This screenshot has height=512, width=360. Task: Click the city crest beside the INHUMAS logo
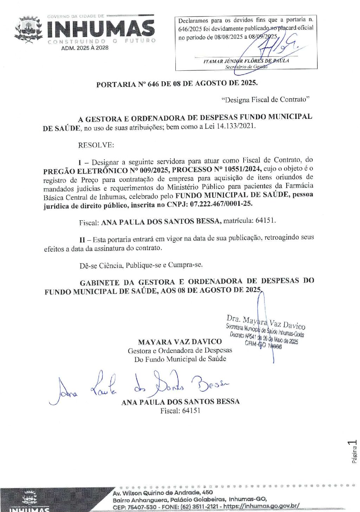(28, 29)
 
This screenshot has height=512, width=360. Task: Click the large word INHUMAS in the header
(101, 29)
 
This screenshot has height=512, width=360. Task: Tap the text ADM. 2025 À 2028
(85, 48)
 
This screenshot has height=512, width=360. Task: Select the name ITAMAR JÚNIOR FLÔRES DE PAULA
(246, 61)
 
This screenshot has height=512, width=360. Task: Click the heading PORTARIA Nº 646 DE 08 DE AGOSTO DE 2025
(177, 84)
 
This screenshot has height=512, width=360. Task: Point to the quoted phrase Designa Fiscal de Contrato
(265, 100)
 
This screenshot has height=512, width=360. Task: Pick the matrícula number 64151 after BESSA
(265, 221)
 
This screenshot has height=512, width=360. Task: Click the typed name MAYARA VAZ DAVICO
(180, 342)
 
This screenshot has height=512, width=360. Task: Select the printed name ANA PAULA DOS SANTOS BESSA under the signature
(180, 402)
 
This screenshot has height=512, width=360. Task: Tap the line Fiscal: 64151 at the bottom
(180, 411)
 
